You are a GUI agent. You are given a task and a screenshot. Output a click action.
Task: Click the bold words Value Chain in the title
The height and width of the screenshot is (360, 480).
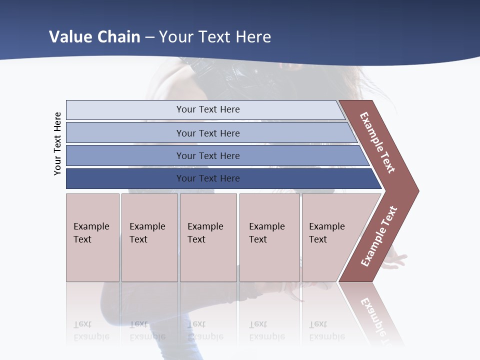click(94, 37)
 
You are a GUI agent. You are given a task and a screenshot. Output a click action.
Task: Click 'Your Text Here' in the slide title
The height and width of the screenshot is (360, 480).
click(215, 37)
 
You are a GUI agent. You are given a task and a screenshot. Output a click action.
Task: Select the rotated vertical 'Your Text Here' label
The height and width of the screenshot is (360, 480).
click(57, 143)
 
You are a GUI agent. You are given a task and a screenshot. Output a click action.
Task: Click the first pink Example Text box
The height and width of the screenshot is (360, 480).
click(92, 237)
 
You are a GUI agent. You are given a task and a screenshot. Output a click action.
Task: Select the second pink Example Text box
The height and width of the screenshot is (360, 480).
click(149, 237)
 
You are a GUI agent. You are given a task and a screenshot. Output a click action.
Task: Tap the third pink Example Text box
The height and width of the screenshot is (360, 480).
click(208, 237)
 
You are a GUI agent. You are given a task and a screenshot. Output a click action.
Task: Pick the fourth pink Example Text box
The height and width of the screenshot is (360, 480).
click(269, 237)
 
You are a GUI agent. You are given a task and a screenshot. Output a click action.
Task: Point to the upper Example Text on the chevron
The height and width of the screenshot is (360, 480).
click(377, 142)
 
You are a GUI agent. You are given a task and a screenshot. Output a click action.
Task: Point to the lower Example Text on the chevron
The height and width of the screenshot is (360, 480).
click(379, 236)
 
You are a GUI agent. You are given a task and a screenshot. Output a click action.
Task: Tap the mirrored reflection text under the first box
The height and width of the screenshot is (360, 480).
click(91, 330)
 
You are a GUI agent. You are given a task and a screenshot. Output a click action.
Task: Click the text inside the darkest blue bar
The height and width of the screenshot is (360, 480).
click(208, 178)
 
